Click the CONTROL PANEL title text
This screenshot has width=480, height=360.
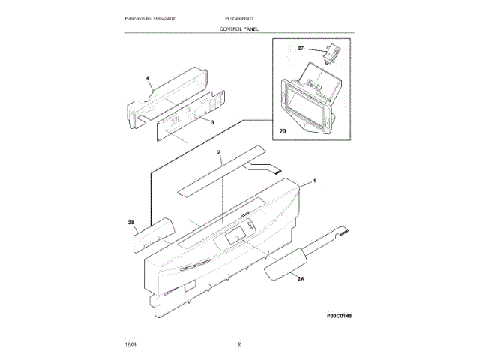point(239,28)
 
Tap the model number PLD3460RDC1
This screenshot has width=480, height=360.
point(239,17)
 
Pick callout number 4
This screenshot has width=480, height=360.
point(148,78)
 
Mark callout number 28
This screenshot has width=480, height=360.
point(131,222)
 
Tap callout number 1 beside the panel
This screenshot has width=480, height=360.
point(313,181)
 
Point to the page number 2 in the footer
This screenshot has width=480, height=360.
point(239,344)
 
